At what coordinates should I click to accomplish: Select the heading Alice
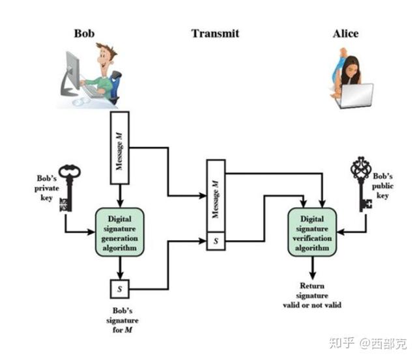click(x=345, y=33)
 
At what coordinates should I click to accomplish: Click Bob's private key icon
click(x=70, y=189)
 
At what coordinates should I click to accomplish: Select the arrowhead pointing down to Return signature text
click(x=313, y=272)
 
